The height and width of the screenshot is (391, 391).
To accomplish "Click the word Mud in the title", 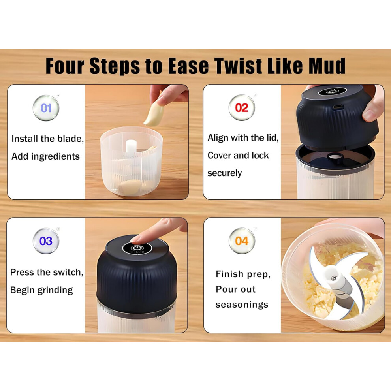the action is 327,66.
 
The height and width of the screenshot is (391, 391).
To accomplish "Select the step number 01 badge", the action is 46,108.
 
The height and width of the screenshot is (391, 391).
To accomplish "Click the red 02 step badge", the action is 242,108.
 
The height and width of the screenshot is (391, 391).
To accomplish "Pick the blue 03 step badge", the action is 46,241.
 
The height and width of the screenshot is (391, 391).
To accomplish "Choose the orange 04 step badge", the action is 242,241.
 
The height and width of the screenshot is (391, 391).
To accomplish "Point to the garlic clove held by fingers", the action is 154,114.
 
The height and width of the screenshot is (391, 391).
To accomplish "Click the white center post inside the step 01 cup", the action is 131,147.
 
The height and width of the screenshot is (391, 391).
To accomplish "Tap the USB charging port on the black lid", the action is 338,107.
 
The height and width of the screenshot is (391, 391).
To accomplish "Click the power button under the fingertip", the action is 137,248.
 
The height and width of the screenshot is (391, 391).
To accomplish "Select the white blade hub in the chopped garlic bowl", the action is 335,277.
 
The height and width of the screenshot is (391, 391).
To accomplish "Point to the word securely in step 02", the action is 224,173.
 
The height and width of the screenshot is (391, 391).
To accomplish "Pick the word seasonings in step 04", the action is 242,305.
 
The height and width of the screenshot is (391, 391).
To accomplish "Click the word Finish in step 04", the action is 229,274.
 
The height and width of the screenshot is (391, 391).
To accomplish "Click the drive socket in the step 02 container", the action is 335,157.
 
